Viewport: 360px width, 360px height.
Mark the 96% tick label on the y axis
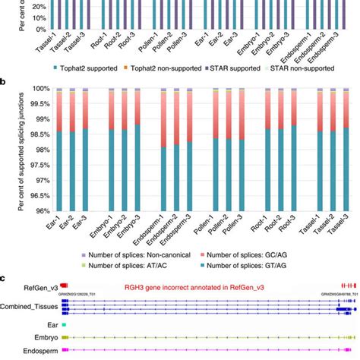coord(39,210)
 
